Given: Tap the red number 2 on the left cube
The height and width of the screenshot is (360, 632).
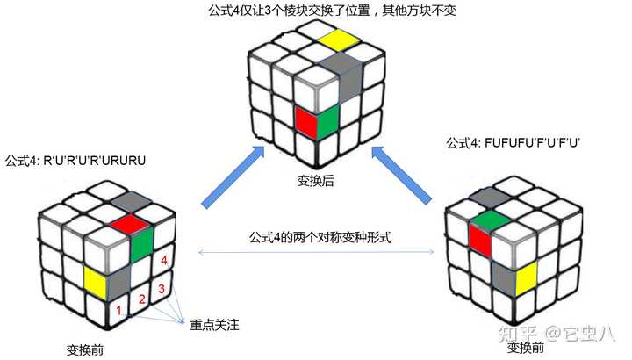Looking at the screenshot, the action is point(141,302).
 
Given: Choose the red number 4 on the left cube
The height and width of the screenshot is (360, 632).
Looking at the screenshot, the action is point(163,260).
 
